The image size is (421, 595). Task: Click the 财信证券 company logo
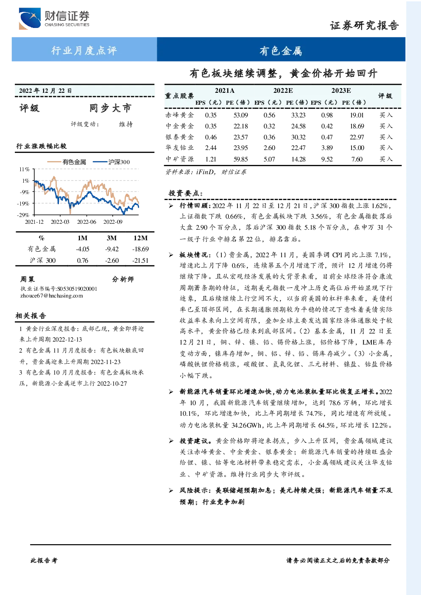(54, 18)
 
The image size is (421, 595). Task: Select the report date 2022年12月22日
(45, 91)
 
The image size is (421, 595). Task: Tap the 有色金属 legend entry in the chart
(67, 162)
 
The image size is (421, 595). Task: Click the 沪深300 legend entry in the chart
(112, 162)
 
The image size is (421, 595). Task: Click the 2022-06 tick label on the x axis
(86, 222)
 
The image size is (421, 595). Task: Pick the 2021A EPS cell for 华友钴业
(211, 147)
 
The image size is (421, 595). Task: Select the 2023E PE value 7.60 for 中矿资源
(357, 159)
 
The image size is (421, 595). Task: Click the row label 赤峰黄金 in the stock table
(180, 115)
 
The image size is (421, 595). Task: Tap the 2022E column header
(283, 91)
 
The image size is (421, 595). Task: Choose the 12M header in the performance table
(140, 238)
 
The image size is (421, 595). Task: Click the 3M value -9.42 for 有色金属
(112, 249)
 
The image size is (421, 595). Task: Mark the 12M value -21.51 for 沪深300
(140, 261)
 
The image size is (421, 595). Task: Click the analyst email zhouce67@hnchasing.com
(52, 296)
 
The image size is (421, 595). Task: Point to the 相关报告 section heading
(31, 316)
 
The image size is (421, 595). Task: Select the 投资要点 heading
(186, 193)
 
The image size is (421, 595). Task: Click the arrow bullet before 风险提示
(171, 490)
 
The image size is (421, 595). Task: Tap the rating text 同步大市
(110, 108)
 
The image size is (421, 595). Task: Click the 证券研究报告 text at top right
(364, 25)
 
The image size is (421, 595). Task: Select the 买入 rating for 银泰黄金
(386, 137)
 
